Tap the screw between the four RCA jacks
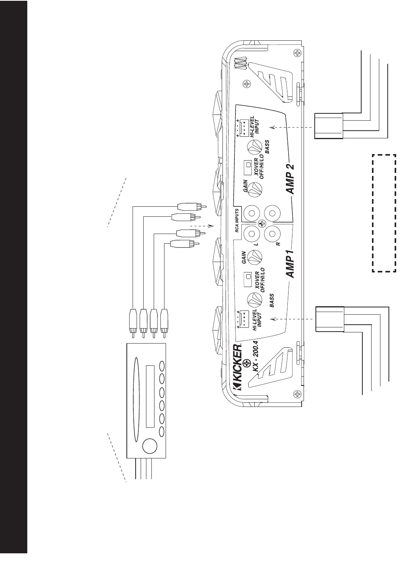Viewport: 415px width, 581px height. [262, 223]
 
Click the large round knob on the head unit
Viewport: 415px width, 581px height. [150, 447]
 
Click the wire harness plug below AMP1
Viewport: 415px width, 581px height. [329, 319]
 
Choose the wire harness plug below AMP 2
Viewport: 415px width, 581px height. [329, 126]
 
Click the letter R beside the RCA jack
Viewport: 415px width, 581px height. [277, 244]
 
